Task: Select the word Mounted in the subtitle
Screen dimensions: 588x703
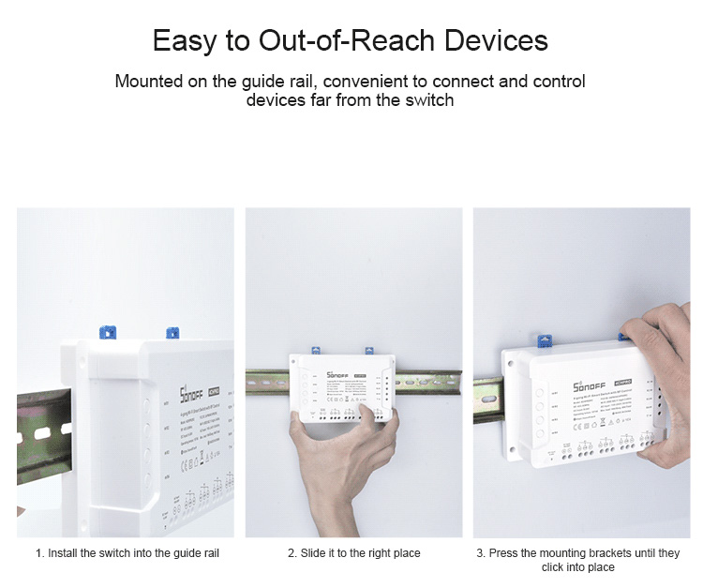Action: click(149, 82)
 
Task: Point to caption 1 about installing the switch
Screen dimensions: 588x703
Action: click(127, 553)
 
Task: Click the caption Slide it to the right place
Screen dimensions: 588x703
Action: click(353, 553)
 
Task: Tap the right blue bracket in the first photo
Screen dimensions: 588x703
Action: click(171, 332)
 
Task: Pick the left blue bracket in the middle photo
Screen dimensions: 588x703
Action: click(316, 351)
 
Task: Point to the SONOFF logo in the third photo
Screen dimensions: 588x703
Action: click(566, 381)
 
